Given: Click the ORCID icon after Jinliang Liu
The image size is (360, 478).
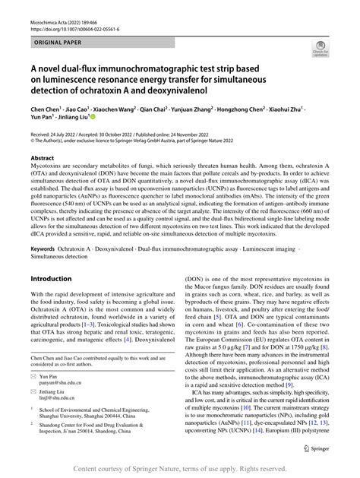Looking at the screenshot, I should [x=92, y=119].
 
